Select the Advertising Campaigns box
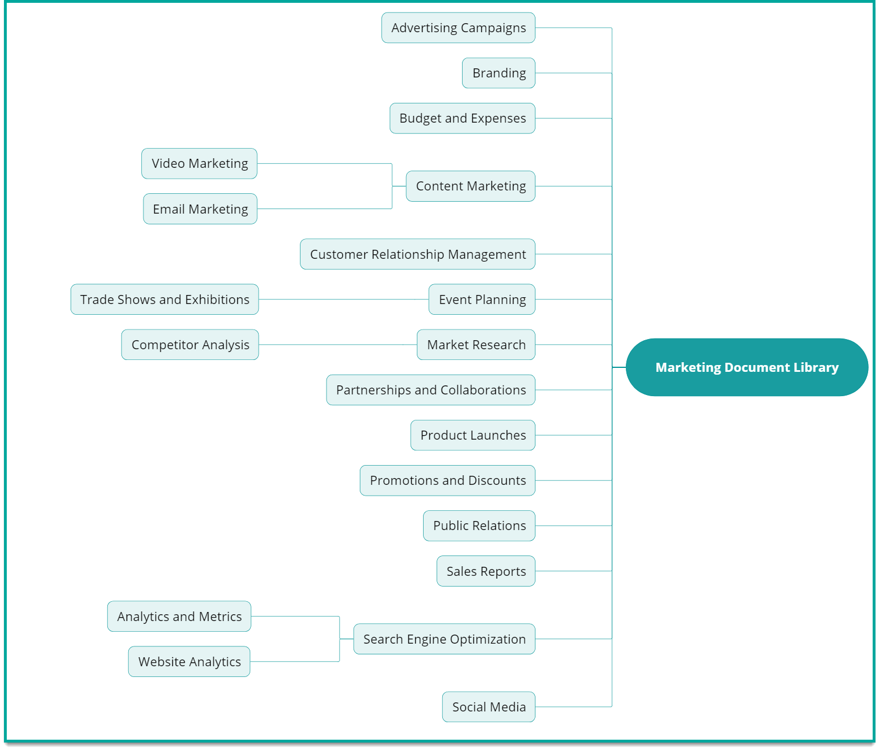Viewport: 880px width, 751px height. pyautogui.click(x=458, y=28)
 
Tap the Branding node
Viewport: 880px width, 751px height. pyautogui.click(x=498, y=73)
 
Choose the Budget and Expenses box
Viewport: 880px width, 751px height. pyautogui.click(x=462, y=118)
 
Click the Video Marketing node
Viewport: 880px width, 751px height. pyautogui.click(x=199, y=163)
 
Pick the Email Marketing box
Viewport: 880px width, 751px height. pyautogui.click(x=200, y=209)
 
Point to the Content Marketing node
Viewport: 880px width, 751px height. pyautogui.click(x=471, y=186)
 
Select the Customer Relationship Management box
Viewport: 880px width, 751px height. pyautogui.click(x=417, y=254)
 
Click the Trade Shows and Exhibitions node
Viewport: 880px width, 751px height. pyautogui.click(x=164, y=299)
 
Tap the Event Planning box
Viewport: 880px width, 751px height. pyautogui.click(x=482, y=299)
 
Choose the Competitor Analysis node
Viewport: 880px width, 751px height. pyautogui.click(x=190, y=345)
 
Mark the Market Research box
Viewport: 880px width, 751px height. pyautogui.click(x=476, y=345)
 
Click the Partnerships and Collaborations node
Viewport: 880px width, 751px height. pyautogui.click(x=430, y=390)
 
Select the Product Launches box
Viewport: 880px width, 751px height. pyautogui.click(x=473, y=435)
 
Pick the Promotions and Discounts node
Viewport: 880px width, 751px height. pyautogui.click(x=447, y=480)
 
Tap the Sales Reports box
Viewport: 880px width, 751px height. pyautogui.click(x=486, y=571)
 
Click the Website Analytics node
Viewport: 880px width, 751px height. pyautogui.click(x=189, y=662)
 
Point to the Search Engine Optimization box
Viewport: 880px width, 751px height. pyautogui.click(x=444, y=639)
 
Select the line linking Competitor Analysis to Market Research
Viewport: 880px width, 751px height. pyautogui.click(x=338, y=345)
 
